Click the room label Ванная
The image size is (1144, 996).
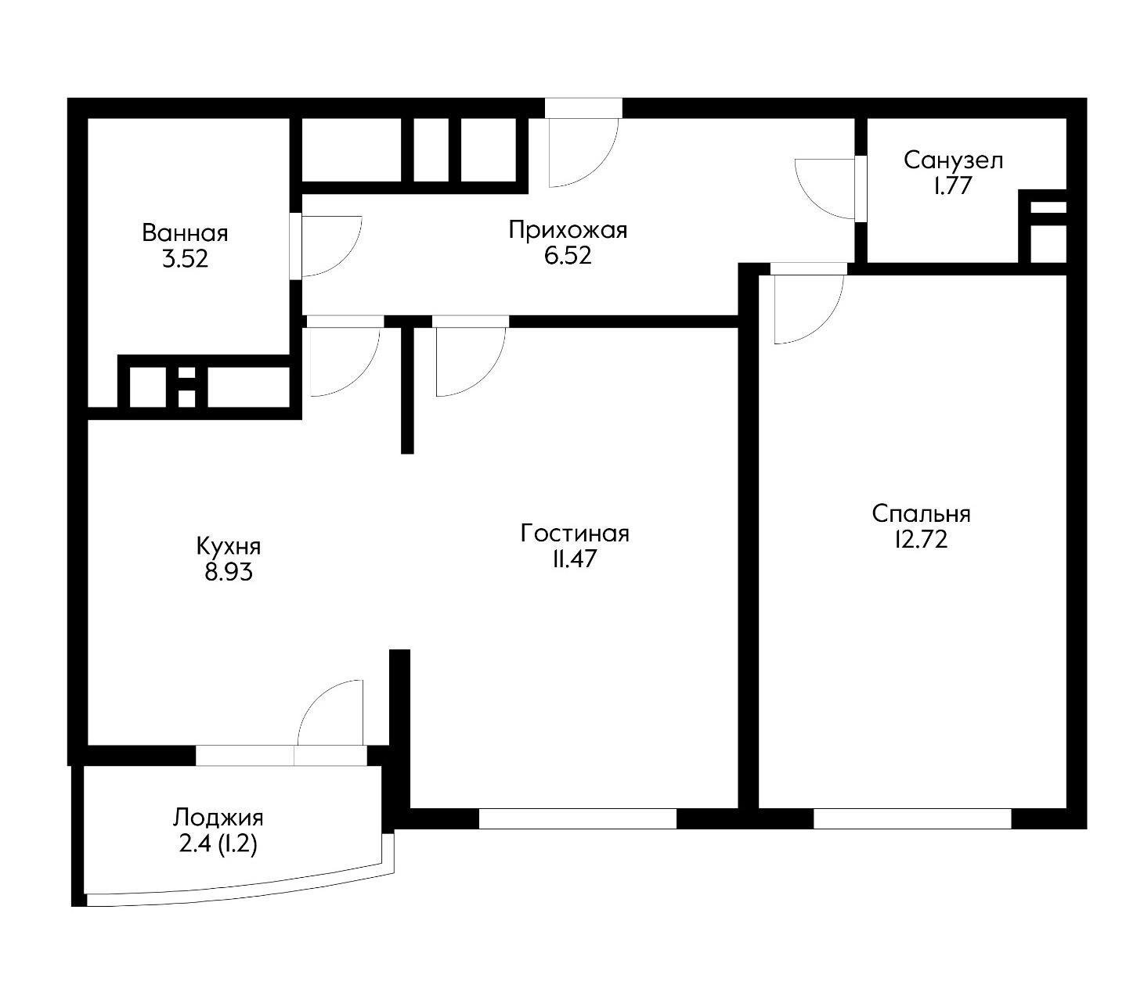tap(185, 233)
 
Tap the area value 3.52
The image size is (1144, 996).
tap(185, 259)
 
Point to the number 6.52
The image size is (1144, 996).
tap(568, 256)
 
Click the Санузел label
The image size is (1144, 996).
tap(954, 161)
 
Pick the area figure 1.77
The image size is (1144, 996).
tap(953, 186)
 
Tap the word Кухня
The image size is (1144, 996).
tap(229, 546)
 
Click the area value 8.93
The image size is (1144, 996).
tap(229, 573)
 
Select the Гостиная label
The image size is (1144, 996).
tap(575, 534)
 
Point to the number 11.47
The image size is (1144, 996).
tap(575, 559)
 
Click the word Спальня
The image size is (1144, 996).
tap(922, 514)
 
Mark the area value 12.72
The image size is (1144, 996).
tap(922, 540)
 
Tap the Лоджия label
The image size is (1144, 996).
tap(218, 818)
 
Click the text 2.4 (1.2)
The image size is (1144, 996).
tap(218, 844)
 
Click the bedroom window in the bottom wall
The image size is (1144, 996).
tap(912, 818)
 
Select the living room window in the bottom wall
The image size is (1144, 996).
tap(578, 818)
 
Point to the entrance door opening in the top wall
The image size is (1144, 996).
tap(583, 108)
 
